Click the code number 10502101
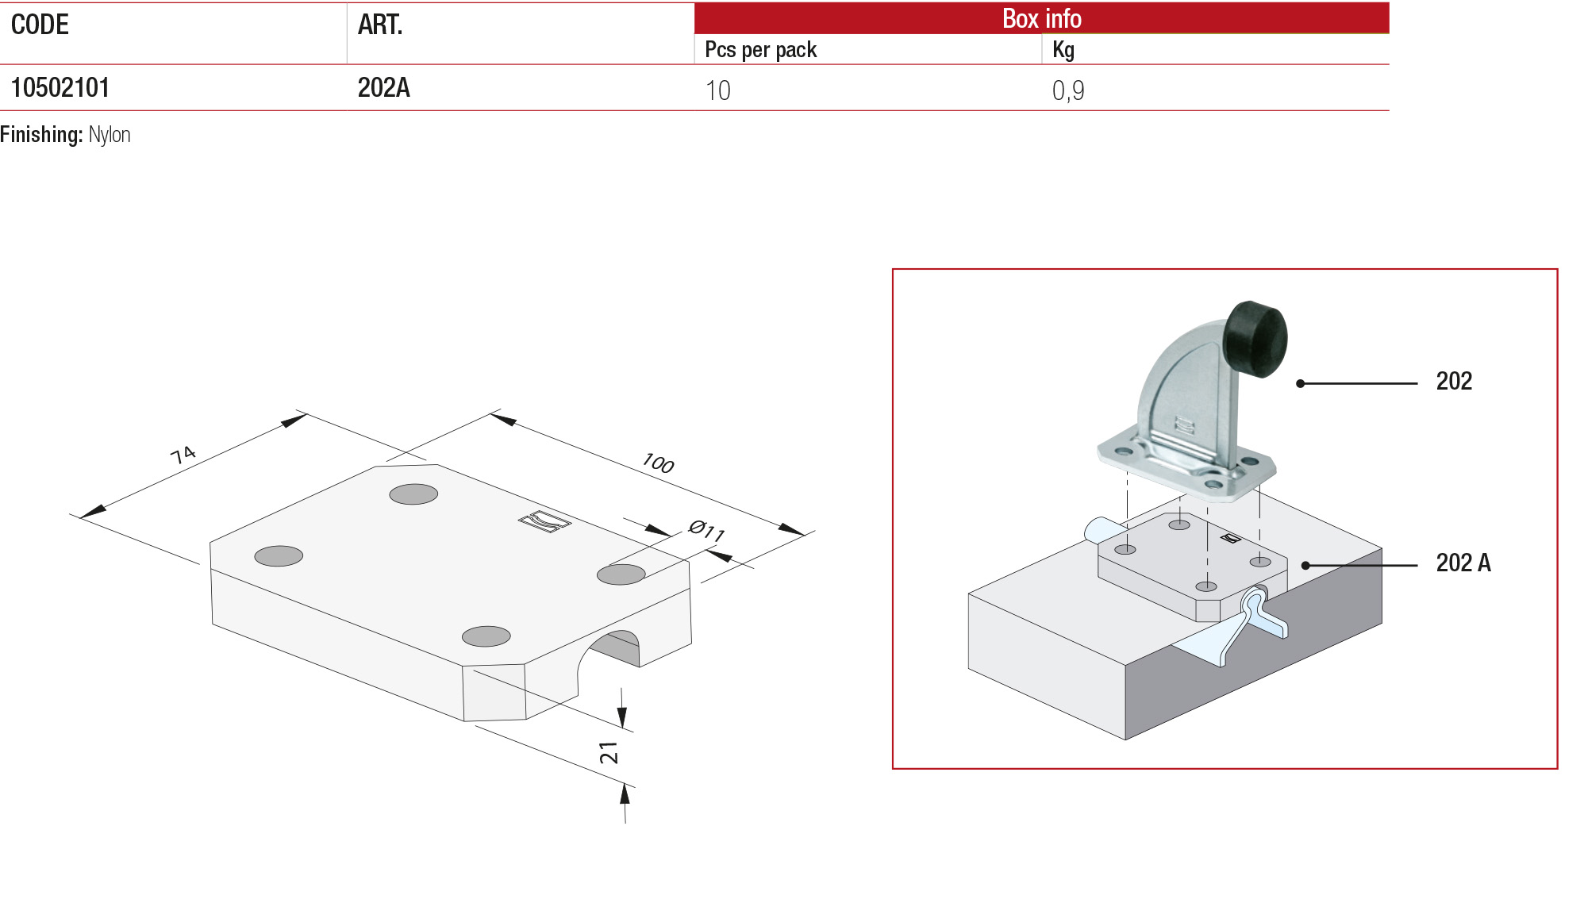pyautogui.click(x=60, y=87)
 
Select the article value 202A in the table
pyautogui.click(x=383, y=87)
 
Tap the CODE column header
pyautogui.click(x=40, y=25)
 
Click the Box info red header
pyautogui.click(x=1041, y=17)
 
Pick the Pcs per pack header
pyautogui.click(x=760, y=50)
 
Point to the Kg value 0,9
pyautogui.click(x=1067, y=90)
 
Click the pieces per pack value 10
pyautogui.click(x=717, y=90)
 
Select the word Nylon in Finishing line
pyautogui.click(x=110, y=135)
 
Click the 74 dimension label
pyautogui.click(x=183, y=455)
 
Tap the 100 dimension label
pyautogui.click(x=658, y=463)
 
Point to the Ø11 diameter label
pyautogui.click(x=707, y=530)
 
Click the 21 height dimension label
pyautogui.click(x=609, y=753)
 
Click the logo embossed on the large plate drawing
pyautogui.click(x=544, y=521)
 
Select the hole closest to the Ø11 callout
pyautogui.click(x=621, y=574)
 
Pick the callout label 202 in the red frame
pyautogui.click(x=1453, y=382)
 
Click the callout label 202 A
pyautogui.click(x=1463, y=563)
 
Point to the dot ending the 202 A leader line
pyautogui.click(x=1305, y=566)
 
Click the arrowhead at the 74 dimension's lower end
pyautogui.click(x=91, y=512)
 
